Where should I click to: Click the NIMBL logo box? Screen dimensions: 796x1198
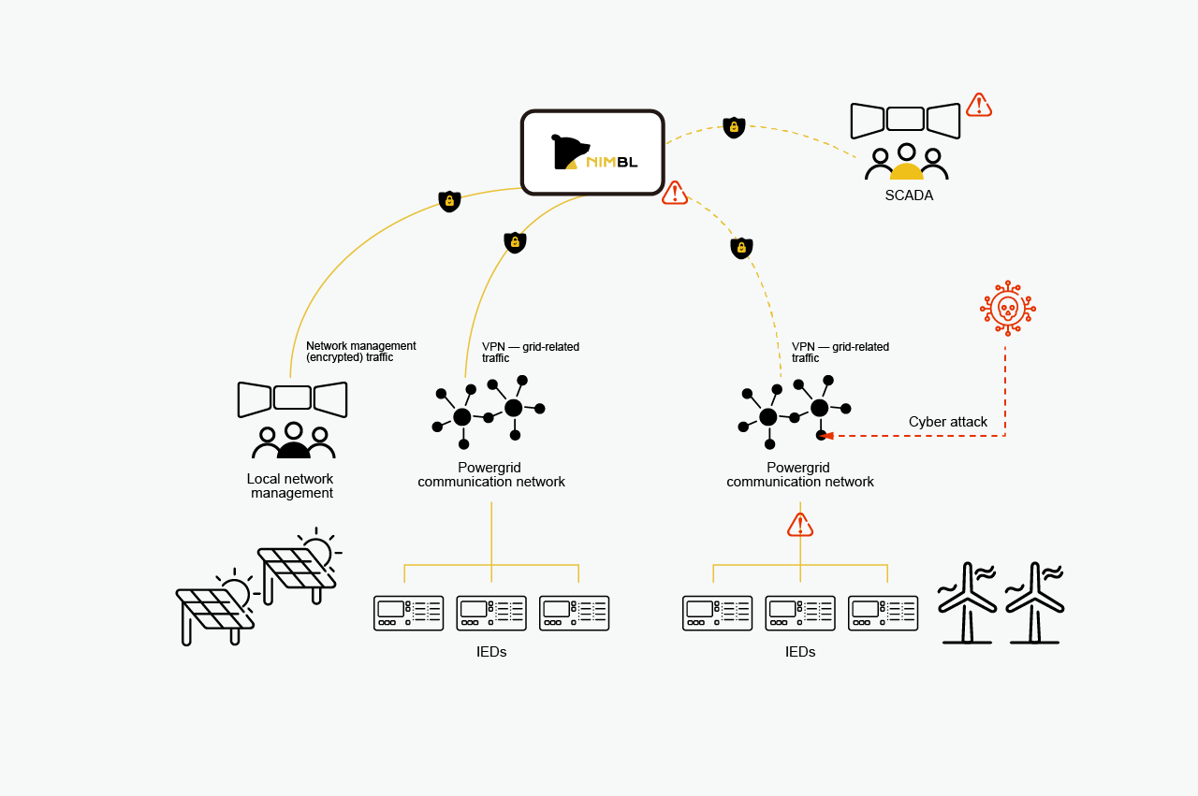pos(592,152)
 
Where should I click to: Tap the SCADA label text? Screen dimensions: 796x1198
pos(909,195)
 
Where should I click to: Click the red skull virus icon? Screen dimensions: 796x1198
pos(1007,307)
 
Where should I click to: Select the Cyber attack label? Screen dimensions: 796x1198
pos(947,422)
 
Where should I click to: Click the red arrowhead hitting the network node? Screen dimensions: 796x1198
pos(826,435)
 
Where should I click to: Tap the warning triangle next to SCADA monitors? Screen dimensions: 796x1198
pos(978,105)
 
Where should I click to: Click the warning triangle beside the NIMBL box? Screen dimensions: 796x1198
pos(675,194)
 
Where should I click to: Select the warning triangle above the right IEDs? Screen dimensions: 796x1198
pos(800,525)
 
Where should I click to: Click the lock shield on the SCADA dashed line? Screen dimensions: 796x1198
pos(734,126)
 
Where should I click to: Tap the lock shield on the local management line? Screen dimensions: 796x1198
pos(449,201)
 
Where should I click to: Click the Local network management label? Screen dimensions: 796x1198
pos(290,485)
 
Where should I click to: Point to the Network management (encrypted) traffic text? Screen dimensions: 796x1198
pos(360,352)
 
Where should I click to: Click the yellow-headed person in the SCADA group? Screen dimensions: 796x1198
pos(906,163)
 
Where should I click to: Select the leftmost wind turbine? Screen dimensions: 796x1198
pos(967,603)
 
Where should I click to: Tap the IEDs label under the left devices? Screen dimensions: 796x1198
pos(491,652)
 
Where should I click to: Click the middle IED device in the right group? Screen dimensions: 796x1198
pos(800,613)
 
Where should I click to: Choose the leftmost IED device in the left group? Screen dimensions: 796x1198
pos(408,613)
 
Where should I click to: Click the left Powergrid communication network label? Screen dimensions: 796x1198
pos(491,475)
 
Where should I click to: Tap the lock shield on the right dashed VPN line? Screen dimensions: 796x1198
pos(741,248)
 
